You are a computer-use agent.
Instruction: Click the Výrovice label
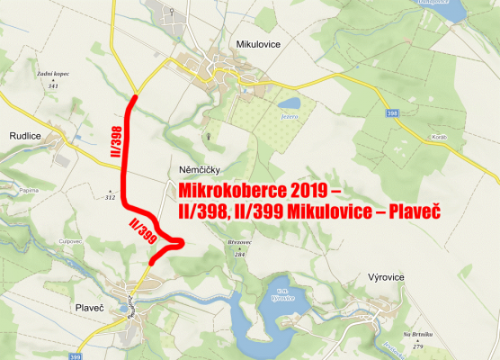(390, 277)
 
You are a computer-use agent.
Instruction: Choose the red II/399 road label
(143, 230)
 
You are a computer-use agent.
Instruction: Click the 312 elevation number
(111, 196)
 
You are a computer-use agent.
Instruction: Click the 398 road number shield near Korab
(391, 114)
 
